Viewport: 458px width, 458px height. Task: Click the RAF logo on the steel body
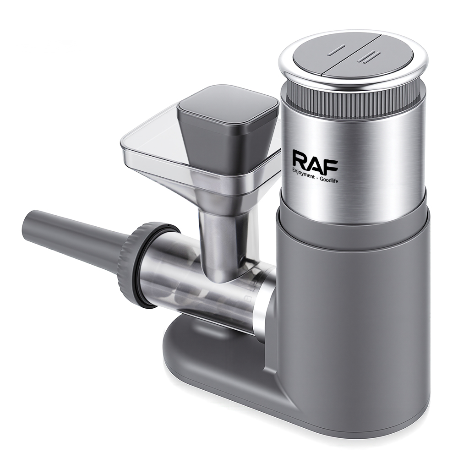(315, 162)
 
